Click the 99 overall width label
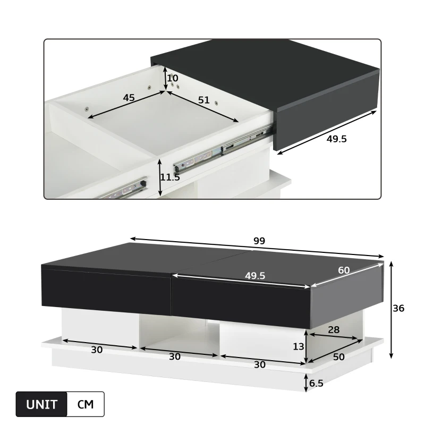(x=259, y=240)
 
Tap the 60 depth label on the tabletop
(x=344, y=270)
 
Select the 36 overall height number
(x=398, y=308)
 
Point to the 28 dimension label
(x=334, y=329)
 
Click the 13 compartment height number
(x=299, y=346)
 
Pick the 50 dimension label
(x=338, y=356)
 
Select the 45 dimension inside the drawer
(x=129, y=98)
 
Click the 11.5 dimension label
(x=170, y=177)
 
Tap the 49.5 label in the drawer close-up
(x=337, y=139)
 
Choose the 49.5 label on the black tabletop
(x=255, y=275)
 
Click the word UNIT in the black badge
(x=42, y=404)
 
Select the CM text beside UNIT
(x=86, y=404)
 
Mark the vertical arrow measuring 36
(x=391, y=309)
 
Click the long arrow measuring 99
(x=257, y=248)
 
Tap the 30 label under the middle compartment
(x=175, y=356)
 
